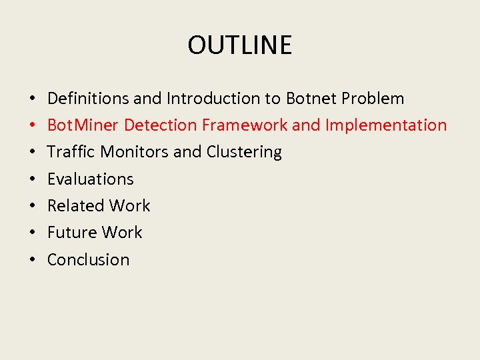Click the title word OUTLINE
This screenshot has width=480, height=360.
(x=240, y=45)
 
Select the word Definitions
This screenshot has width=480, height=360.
(x=88, y=99)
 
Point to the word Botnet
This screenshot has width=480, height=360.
(x=311, y=99)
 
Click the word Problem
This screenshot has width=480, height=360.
(x=373, y=99)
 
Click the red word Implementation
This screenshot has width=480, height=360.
(x=386, y=125)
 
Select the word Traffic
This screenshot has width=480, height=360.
(x=71, y=152)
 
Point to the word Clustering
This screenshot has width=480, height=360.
(x=244, y=152)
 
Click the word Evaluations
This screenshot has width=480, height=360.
(x=90, y=179)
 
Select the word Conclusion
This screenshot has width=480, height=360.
(x=88, y=259)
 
